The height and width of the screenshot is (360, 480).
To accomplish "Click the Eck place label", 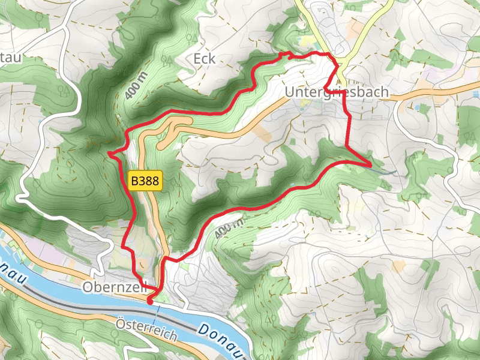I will pyautogui.click(x=205, y=59).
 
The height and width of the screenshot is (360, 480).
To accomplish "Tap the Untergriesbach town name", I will pyautogui.click(x=337, y=93).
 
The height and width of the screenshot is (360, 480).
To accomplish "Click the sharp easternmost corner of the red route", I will pyautogui.click(x=371, y=164).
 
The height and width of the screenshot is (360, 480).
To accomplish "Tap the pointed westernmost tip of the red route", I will pyautogui.click(x=109, y=155).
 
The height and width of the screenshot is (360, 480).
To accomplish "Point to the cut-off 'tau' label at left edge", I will pyautogui.click(x=11, y=57).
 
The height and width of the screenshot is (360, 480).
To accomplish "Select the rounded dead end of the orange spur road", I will pyautogui.click(x=160, y=145).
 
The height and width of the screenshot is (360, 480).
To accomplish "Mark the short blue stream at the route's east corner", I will pyautogui.click(x=384, y=170).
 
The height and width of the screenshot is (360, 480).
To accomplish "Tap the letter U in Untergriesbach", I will pyautogui.click(x=290, y=93).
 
